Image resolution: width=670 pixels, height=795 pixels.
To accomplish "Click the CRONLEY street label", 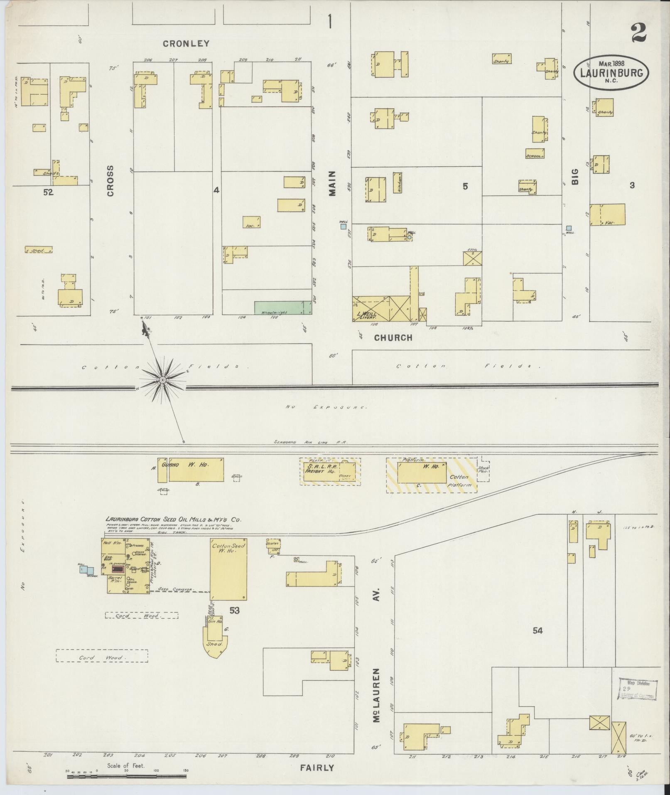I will [186, 44].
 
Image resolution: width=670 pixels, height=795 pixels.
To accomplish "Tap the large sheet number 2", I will [639, 33].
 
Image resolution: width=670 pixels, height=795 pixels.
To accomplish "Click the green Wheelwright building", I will [283, 308].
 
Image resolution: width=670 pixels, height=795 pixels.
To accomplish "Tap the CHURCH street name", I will [393, 338].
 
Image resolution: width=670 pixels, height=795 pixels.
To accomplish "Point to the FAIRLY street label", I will [317, 768].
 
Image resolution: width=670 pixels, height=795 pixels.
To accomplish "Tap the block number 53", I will [234, 610].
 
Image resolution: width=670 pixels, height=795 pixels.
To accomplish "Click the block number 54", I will [537, 642].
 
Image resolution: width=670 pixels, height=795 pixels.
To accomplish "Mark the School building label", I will [535, 156].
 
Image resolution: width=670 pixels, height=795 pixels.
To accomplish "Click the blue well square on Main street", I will [343, 226].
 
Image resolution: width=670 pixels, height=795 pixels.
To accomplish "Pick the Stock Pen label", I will [482, 471].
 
